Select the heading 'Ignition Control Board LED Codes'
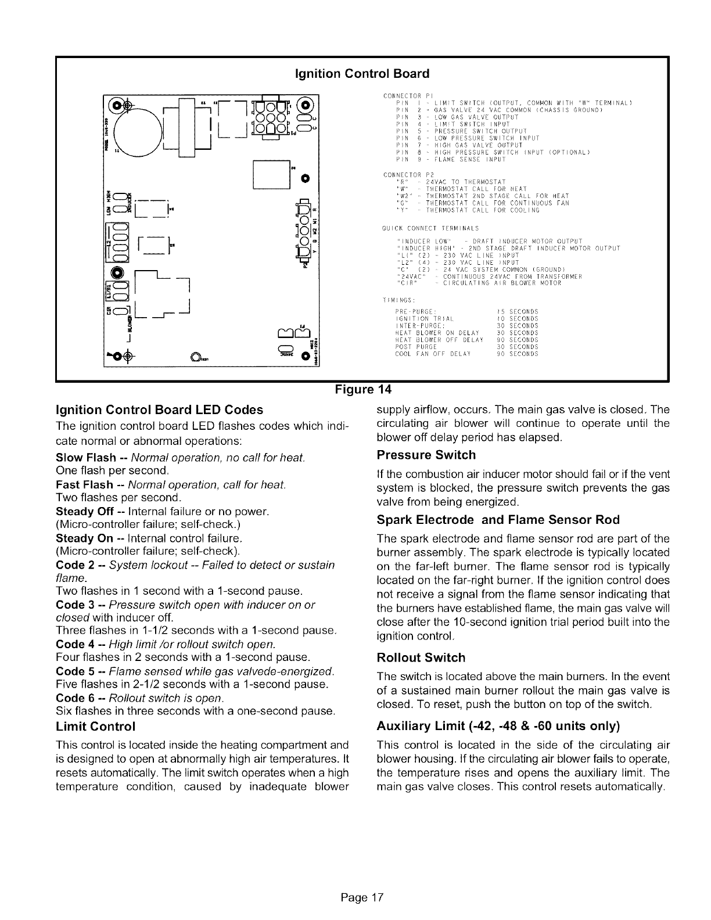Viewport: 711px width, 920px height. click(x=159, y=409)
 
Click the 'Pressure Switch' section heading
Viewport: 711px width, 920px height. click(x=426, y=454)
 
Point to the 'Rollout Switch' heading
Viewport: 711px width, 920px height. click(x=421, y=657)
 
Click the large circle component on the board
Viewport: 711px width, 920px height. click(x=138, y=128)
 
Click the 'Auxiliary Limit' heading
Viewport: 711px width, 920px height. click(x=498, y=726)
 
